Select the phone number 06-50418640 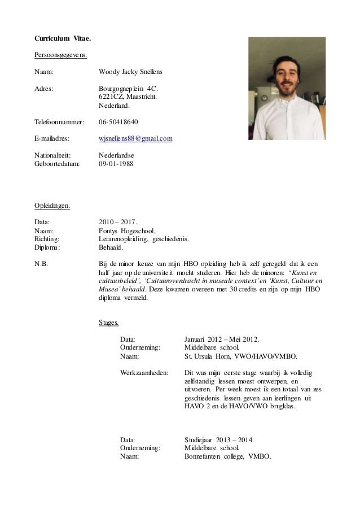[x=118, y=121]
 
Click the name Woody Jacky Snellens [x=131, y=72]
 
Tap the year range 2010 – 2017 [x=117, y=222]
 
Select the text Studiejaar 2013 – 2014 [x=219, y=439]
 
